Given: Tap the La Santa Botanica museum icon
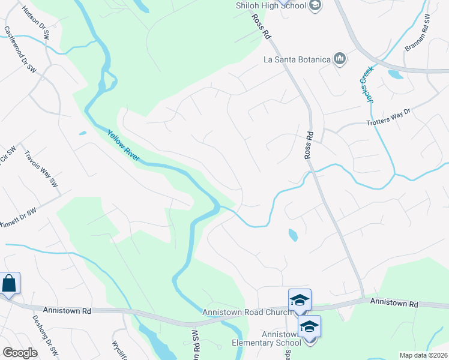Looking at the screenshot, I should [340, 59].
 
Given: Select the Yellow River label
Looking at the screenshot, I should [124, 146].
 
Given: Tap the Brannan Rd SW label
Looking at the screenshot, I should [418, 33].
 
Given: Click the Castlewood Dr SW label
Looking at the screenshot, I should [20, 49].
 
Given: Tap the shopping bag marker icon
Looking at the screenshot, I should [10, 283].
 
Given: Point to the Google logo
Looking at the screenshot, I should [20, 353].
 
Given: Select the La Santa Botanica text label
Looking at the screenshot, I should [298, 59].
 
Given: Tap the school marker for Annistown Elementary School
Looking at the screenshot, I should [309, 326].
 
